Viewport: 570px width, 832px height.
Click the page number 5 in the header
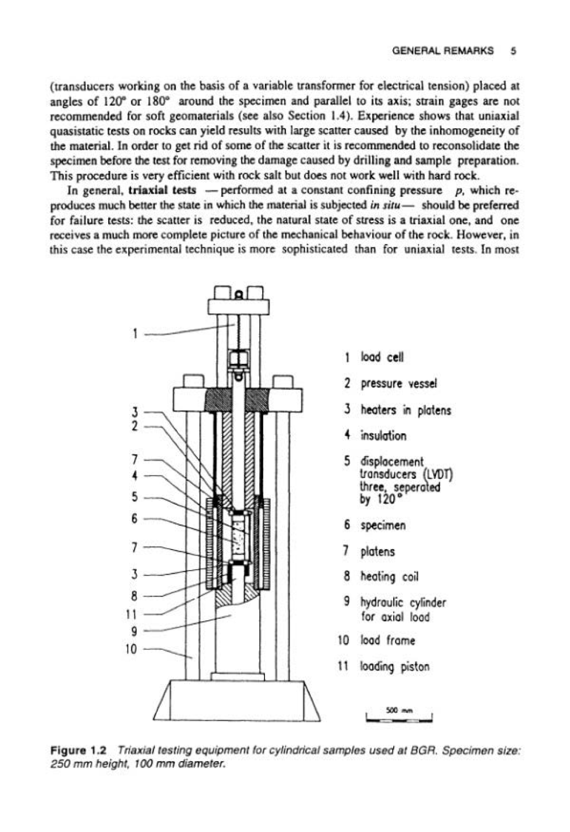click(x=513, y=51)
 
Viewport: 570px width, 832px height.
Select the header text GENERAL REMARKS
click(x=443, y=51)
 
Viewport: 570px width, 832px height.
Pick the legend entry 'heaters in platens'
click(x=406, y=410)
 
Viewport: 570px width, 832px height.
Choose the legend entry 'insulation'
click(x=384, y=436)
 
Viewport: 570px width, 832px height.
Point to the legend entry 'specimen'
click(x=383, y=525)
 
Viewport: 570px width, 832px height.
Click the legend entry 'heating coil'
click(x=389, y=576)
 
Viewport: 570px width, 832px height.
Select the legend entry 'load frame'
click(x=387, y=640)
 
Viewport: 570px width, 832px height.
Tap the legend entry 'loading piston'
click(x=395, y=667)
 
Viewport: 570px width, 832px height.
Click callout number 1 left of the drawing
click(x=135, y=333)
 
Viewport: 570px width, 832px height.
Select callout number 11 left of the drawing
click(x=131, y=614)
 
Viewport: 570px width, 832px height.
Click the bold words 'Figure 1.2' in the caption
click(x=79, y=750)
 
